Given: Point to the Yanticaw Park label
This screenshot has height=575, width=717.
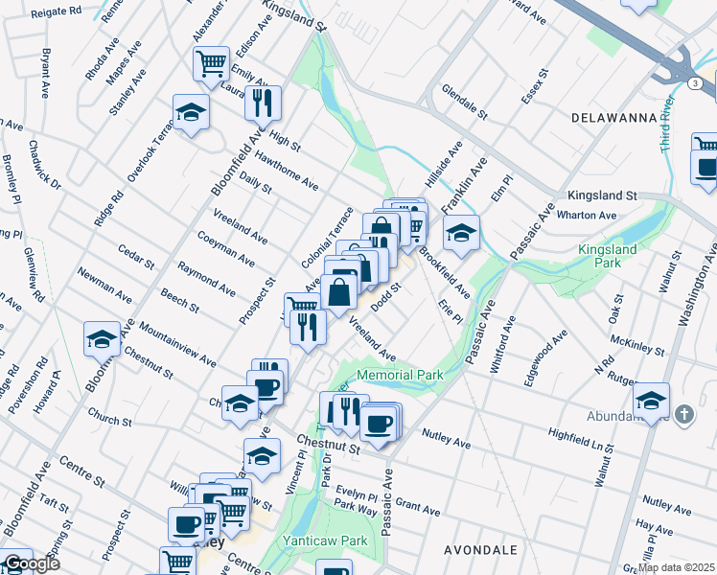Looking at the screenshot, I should (x=325, y=540).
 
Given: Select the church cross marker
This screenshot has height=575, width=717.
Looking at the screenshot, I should (x=682, y=414).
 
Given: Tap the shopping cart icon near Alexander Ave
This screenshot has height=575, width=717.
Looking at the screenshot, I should (x=211, y=64).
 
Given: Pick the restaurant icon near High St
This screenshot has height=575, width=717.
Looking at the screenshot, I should (x=262, y=101).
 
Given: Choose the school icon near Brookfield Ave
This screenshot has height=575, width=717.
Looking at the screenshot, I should (x=461, y=233).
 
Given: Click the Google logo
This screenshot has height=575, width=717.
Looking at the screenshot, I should (x=31, y=563).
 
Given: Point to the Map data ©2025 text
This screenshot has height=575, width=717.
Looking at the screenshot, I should (x=676, y=567).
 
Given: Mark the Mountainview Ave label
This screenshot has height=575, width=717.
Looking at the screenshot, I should (x=177, y=344).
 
